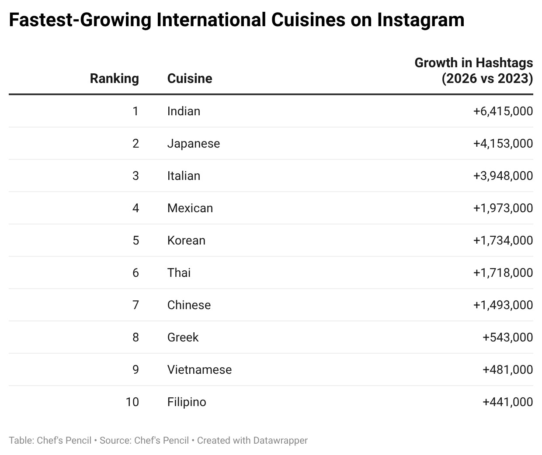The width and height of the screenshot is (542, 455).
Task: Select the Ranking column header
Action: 114,79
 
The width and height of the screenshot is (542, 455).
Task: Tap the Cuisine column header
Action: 190,79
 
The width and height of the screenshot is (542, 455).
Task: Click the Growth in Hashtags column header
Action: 474,71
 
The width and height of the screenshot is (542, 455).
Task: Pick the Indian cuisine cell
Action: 184,111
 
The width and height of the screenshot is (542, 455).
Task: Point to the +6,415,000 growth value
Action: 503,111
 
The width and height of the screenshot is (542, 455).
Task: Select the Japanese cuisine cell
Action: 194,144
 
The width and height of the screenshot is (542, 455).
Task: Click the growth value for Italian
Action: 503,176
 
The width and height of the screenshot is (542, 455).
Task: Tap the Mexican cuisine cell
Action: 190,208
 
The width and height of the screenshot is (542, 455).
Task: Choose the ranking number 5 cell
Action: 135,241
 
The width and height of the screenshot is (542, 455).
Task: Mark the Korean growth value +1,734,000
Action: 503,241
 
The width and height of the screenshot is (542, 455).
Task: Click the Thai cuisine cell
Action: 179,273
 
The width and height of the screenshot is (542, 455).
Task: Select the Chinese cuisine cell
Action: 189,305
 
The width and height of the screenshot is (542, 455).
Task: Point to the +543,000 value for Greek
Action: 507,338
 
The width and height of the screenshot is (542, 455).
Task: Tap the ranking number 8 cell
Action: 135,338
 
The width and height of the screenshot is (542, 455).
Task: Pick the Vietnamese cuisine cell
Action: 199,370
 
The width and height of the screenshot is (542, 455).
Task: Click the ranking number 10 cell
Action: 132,402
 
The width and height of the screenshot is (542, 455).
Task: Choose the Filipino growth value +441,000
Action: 507,402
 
